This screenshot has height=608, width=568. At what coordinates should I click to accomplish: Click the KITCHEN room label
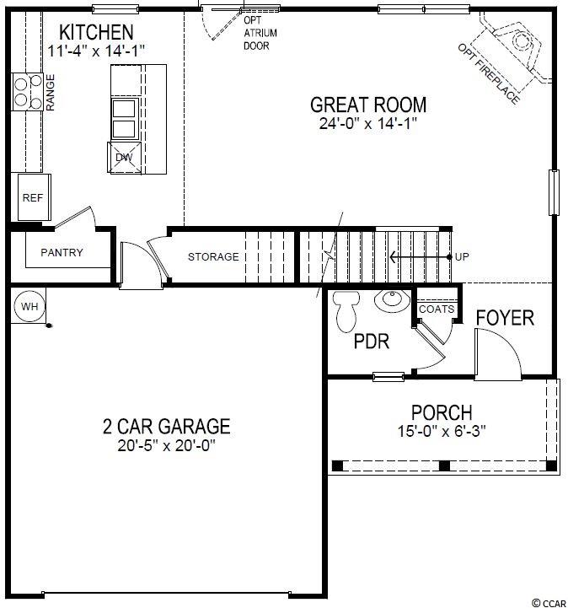[x=96, y=32]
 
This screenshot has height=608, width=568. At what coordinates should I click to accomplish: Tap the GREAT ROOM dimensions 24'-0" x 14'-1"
[x=368, y=124]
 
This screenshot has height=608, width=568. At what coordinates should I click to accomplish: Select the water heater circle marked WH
[x=29, y=306]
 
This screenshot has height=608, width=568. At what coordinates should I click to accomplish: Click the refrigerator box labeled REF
[x=34, y=197]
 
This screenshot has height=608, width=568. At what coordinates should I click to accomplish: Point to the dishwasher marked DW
[x=125, y=158]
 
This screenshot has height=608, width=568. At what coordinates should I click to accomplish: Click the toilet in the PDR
[x=346, y=311]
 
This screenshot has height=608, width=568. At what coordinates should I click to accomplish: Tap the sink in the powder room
[x=392, y=300]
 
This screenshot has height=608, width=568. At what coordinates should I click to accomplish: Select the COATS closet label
[x=437, y=309]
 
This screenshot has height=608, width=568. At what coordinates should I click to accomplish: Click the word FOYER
[x=505, y=318]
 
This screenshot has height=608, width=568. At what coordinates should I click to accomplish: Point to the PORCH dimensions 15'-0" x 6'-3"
[x=442, y=431]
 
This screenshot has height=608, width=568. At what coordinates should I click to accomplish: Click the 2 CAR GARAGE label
[x=167, y=426]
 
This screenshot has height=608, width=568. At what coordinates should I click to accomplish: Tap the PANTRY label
[x=62, y=252]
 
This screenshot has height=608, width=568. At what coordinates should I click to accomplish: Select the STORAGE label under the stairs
[x=213, y=256]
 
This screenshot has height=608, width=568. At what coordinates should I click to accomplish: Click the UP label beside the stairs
[x=462, y=256]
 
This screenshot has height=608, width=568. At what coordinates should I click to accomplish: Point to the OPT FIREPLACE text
[x=489, y=73]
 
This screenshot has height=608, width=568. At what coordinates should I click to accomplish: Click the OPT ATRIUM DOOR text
[x=260, y=33]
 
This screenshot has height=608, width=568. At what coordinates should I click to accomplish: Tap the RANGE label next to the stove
[x=51, y=93]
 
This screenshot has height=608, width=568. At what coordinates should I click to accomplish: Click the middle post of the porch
[x=444, y=465]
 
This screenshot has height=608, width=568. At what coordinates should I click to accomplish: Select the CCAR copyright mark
[x=549, y=603]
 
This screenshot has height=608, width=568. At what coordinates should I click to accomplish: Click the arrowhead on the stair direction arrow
[x=393, y=256]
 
